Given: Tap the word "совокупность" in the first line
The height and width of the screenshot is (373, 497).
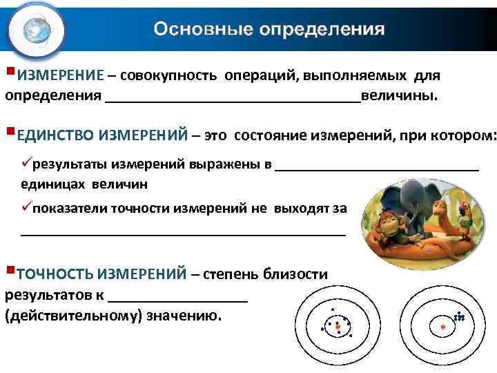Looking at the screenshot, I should [x=169, y=75].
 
